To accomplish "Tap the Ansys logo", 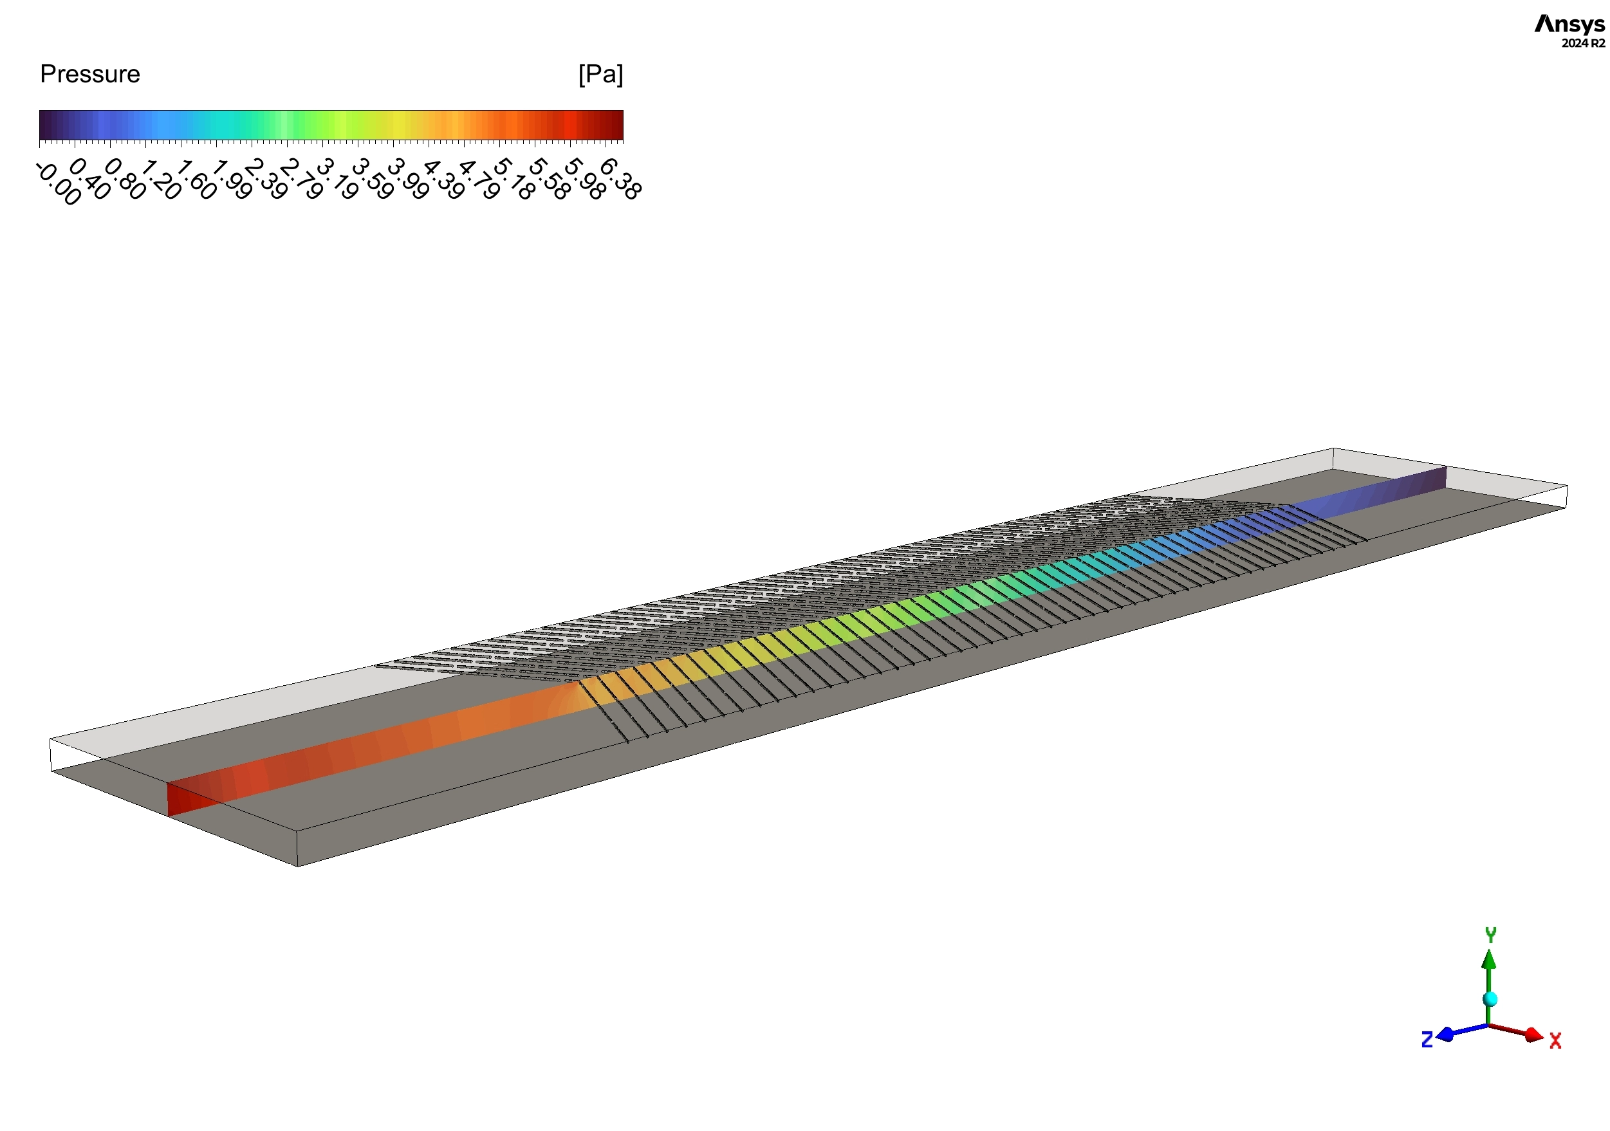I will [1569, 24].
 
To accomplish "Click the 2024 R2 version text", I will [1583, 44].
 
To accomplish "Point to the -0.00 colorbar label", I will [58, 184].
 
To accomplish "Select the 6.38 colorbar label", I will [620, 179].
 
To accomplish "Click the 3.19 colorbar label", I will [337, 179].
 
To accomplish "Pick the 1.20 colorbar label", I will [162, 179].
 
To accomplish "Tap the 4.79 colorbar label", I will [479, 179].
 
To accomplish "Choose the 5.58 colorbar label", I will [549, 179].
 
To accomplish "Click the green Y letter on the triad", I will [1491, 935].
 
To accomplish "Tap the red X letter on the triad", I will [1555, 1040].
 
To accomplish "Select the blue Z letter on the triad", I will [1426, 1040].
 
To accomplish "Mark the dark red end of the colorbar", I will [616, 125].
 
